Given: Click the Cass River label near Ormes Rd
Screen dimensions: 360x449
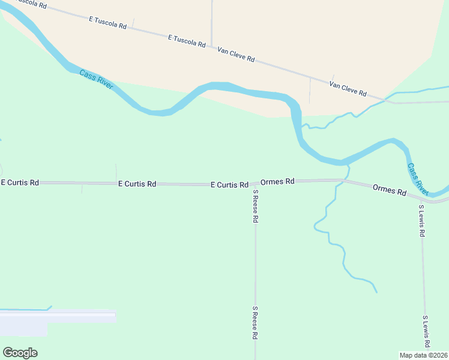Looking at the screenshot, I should pos(418,179).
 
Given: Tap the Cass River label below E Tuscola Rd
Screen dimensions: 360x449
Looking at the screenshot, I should pos(96,80).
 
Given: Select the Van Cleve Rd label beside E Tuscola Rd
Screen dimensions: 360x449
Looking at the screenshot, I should pos(236,56).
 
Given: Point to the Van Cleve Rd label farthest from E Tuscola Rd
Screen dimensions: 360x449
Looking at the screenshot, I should pos(348,89).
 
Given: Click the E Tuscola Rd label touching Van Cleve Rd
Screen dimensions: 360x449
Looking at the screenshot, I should pos(187,41).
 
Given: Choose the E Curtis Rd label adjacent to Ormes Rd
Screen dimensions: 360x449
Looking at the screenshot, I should pos(229,185).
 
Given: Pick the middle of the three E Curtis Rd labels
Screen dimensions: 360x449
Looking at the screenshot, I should pos(137,184).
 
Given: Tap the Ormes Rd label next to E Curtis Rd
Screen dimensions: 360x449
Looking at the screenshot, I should pos(277,181).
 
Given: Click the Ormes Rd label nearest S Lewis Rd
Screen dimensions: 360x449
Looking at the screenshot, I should pos(389,191).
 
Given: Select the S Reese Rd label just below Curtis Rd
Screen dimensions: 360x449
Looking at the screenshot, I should pos(255,206).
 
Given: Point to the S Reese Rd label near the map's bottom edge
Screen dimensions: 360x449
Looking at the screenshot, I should pos(255,323).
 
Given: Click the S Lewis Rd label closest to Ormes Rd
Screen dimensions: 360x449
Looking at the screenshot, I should pos(422,221).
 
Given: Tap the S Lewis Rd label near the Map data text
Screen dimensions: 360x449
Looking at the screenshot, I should pos(426,331).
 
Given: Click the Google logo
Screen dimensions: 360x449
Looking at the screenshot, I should pos(20,353).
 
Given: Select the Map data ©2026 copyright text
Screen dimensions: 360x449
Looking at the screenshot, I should pos(424,355).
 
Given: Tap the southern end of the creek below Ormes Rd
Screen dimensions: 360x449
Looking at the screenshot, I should pos(377,292).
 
